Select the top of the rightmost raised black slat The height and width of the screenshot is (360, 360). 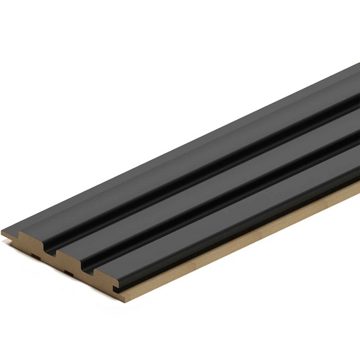tap(225, 219)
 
